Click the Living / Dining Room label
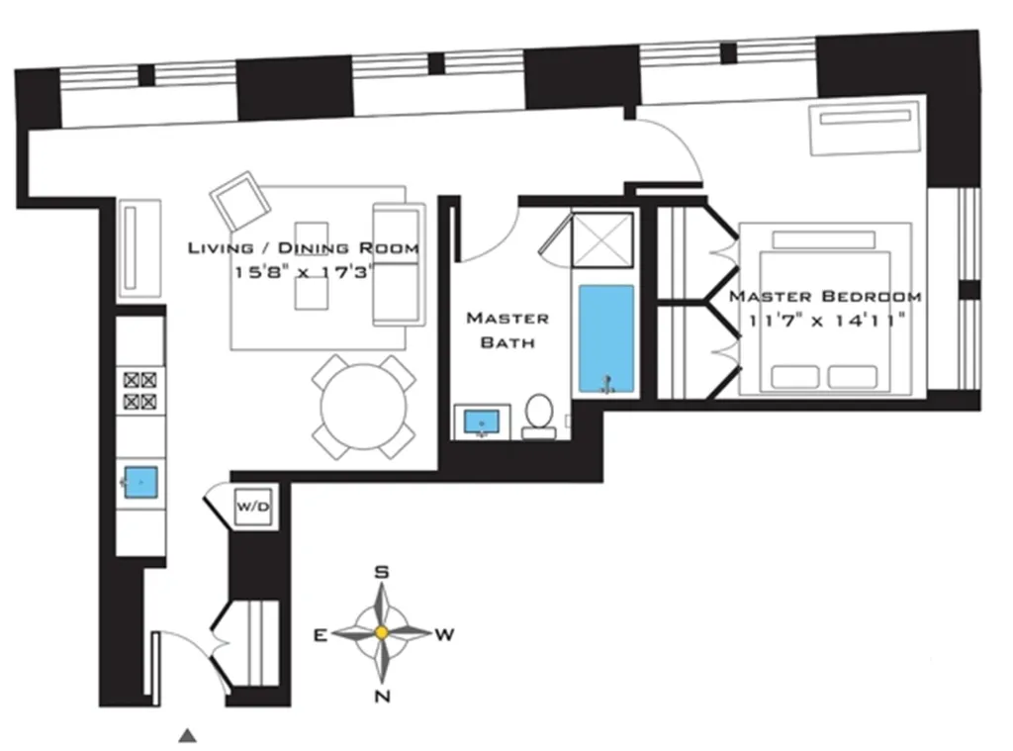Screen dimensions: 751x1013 pos(303,247)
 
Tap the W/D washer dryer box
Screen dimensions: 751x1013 pos(251,507)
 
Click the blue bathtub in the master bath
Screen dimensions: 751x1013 pos(604,338)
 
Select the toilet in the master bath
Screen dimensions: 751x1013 pos(539,416)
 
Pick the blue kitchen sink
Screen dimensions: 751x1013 pos(140,481)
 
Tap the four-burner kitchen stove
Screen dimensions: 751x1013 pos(139,390)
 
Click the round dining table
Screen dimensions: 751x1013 pos(364,406)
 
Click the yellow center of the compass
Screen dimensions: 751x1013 pos(381,632)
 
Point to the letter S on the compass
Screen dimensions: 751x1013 pos(381,572)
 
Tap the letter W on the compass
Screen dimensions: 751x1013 pos(444,634)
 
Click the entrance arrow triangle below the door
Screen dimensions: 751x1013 pos(187,734)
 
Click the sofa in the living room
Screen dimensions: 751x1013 pos(398,264)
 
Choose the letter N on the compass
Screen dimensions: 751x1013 pos(382,696)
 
